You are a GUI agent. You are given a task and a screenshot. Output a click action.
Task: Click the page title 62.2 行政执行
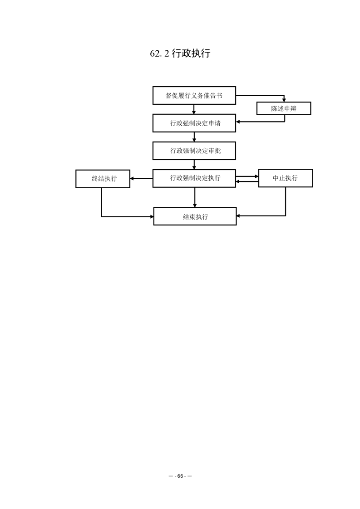(x=180, y=53)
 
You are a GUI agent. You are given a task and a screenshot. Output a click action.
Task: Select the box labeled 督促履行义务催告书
(x=194, y=95)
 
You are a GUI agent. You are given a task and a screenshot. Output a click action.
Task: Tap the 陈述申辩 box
(x=284, y=108)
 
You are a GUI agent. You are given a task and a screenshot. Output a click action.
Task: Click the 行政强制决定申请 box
(x=194, y=123)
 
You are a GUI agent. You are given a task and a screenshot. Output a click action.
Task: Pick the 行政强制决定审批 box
(x=194, y=151)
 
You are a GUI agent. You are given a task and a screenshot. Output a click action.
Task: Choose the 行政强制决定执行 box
(x=194, y=178)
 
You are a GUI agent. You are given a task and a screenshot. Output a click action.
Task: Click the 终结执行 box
(x=103, y=179)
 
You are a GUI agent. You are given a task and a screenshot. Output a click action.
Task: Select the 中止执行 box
(x=286, y=178)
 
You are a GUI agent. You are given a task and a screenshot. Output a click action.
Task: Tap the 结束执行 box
(x=195, y=216)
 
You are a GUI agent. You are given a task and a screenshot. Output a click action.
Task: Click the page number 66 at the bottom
(x=180, y=476)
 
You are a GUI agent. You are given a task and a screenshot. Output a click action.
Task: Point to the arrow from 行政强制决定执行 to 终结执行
(x=141, y=178)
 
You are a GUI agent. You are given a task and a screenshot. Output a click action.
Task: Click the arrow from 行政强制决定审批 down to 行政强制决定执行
(x=194, y=165)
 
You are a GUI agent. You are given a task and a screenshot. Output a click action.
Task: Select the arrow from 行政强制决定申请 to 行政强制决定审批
(x=194, y=137)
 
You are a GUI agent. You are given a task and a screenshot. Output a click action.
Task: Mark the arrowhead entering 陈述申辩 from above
(x=284, y=100)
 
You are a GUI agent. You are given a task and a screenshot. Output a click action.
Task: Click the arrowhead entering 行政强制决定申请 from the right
(x=238, y=122)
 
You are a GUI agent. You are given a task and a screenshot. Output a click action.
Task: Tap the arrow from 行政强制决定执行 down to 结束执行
(x=195, y=197)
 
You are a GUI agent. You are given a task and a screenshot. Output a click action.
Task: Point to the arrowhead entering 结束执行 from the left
(x=152, y=216)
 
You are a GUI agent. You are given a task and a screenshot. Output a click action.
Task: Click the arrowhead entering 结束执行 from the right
(x=239, y=215)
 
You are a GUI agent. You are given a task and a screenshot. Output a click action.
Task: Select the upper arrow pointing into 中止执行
(x=247, y=176)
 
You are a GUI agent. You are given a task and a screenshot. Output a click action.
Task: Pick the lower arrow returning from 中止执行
(x=247, y=181)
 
